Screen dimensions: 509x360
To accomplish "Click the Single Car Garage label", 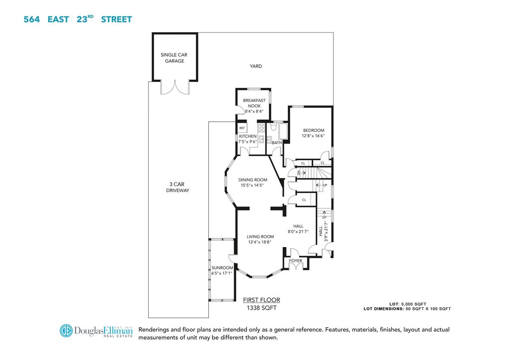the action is click(x=174, y=58).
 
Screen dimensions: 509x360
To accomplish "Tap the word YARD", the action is click(x=256, y=66).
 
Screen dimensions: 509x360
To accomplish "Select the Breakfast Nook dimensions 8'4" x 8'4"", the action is click(x=254, y=111).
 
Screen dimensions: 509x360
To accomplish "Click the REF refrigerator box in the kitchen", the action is click(x=242, y=128).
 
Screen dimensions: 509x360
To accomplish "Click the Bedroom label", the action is click(x=314, y=130).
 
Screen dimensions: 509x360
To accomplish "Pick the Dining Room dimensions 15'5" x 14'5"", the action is click(x=252, y=185).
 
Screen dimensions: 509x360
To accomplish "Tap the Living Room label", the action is click(x=260, y=237).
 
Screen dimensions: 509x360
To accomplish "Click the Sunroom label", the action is click(x=222, y=268).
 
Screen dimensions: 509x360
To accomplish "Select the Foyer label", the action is click(x=295, y=261).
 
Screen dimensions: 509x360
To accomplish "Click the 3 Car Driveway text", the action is click(x=177, y=187).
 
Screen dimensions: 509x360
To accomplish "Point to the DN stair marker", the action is click(x=299, y=173).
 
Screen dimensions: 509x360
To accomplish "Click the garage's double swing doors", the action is click(x=174, y=87).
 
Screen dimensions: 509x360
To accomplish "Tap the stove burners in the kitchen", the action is click(x=261, y=128).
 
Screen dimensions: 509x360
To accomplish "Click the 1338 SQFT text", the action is click(x=261, y=308).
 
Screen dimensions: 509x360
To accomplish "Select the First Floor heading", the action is click(x=261, y=300).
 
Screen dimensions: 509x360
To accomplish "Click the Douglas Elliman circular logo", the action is click(x=66, y=331).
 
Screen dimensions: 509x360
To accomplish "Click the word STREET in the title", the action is click(x=116, y=19).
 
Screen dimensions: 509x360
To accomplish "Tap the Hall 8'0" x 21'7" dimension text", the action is click(x=298, y=232).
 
